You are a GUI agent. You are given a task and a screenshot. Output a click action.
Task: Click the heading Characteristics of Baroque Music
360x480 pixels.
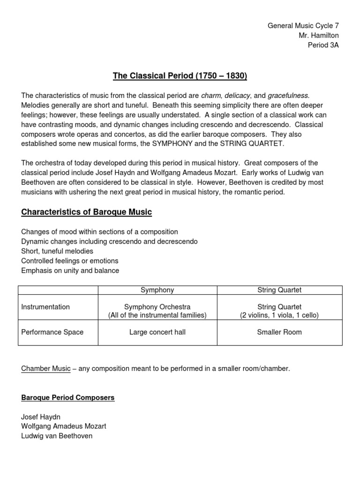click(87, 212)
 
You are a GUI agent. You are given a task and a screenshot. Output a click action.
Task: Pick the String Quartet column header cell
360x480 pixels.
click(279, 290)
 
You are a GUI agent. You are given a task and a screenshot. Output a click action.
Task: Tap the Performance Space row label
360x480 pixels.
click(52, 332)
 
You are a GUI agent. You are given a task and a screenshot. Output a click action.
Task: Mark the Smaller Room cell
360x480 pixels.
click(279, 332)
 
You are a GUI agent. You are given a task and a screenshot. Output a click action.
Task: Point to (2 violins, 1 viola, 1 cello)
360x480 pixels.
click(279, 315)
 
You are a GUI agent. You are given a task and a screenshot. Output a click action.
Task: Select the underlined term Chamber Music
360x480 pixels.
click(46, 369)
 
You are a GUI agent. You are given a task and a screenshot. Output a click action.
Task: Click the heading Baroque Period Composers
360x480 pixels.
click(68, 398)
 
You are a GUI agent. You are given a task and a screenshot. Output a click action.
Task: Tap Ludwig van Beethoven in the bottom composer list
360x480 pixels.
click(57, 436)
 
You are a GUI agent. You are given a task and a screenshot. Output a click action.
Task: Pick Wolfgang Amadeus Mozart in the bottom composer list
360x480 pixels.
click(64, 427)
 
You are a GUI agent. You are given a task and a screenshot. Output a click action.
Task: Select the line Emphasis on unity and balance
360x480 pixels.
click(70, 271)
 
